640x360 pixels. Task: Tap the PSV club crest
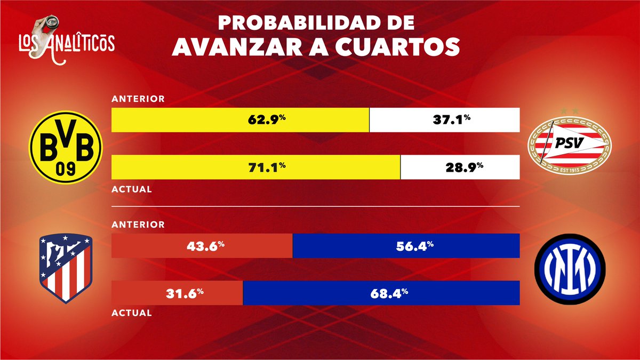[x=570, y=143]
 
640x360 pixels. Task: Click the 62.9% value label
[x=266, y=120]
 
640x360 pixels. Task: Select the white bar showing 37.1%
[x=445, y=120]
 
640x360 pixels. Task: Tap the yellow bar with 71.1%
[x=255, y=167]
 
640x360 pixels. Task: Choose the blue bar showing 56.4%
[x=406, y=246]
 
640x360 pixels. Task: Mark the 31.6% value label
[x=178, y=293]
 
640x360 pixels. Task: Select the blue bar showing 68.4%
[x=381, y=293]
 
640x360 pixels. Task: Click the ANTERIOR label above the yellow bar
[x=138, y=99]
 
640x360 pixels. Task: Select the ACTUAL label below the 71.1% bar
[x=131, y=189]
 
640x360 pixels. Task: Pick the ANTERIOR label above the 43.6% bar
[x=138, y=225]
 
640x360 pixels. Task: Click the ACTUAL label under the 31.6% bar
[x=131, y=313]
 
